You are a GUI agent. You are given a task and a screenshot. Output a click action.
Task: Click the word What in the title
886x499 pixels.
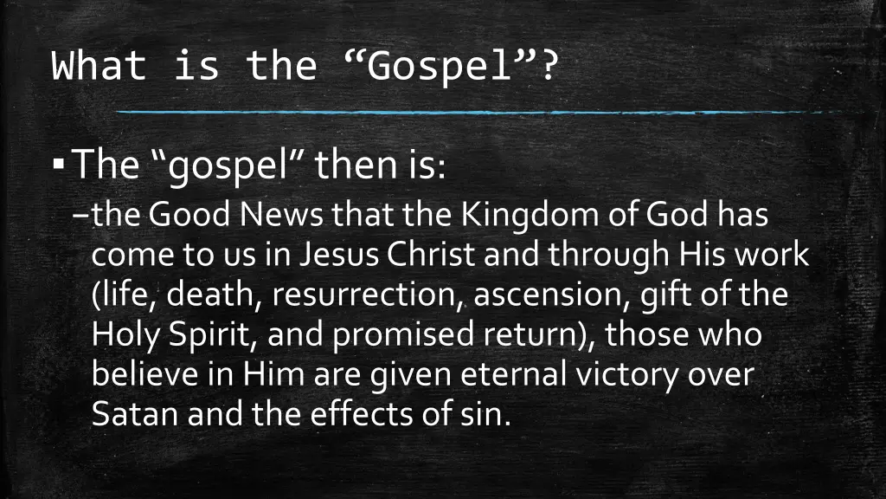(x=99, y=67)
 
